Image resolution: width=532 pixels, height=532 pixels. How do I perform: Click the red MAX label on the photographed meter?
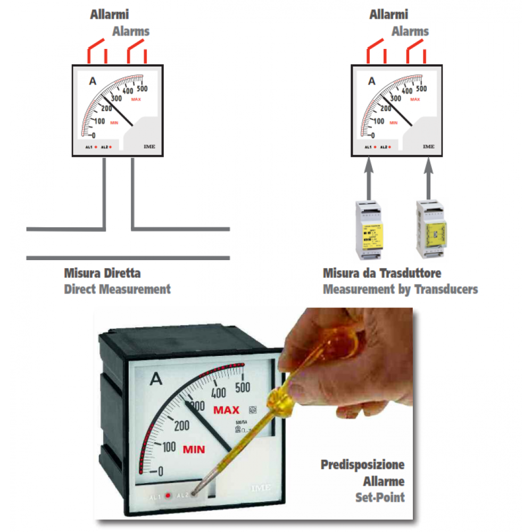[x=226, y=410]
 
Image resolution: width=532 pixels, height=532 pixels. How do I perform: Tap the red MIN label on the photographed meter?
[x=194, y=450]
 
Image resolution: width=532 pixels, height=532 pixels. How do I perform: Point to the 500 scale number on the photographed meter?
[x=243, y=387]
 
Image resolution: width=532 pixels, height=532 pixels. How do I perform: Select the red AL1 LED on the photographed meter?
[x=168, y=495]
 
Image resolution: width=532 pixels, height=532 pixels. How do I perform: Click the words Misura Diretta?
[x=102, y=273]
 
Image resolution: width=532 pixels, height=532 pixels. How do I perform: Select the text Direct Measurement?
[x=117, y=289]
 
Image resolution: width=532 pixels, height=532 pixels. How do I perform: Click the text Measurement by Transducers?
[x=400, y=289]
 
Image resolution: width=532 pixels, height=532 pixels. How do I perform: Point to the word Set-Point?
[x=380, y=497]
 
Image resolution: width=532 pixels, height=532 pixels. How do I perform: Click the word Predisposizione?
[x=362, y=464]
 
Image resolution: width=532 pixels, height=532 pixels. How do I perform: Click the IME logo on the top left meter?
[x=149, y=146]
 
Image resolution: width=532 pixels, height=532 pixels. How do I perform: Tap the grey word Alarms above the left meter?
[x=131, y=31]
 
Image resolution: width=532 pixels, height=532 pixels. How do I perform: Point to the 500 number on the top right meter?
[x=421, y=88]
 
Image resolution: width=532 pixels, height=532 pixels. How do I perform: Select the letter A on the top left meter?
[x=93, y=81]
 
